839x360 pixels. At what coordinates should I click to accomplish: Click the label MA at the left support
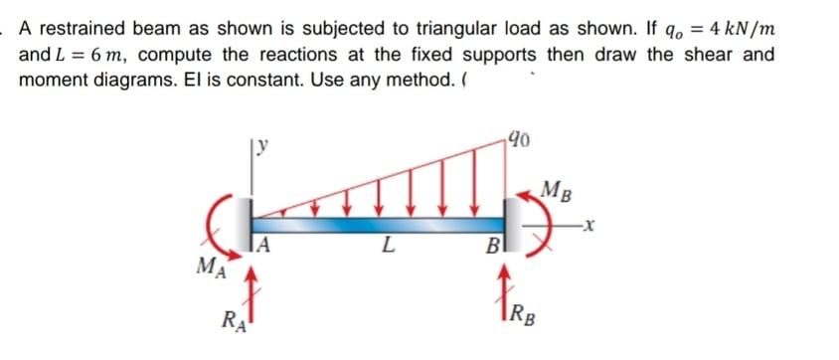click(x=210, y=266)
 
